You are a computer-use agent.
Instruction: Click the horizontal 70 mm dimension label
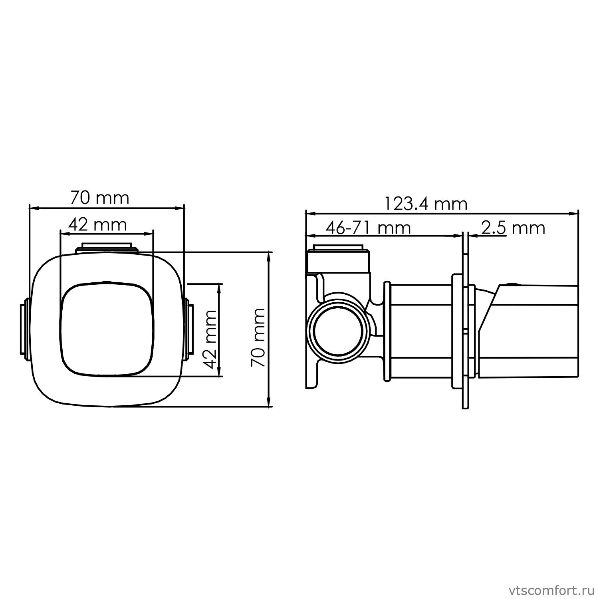pyautogui.click(x=100, y=198)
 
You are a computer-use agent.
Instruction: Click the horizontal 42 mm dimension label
pyautogui.click(x=97, y=225)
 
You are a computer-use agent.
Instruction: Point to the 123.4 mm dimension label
pyautogui.click(x=426, y=204)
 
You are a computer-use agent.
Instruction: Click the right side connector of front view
pyautogui.click(x=189, y=329)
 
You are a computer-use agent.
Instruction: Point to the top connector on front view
pyautogui.click(x=107, y=247)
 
